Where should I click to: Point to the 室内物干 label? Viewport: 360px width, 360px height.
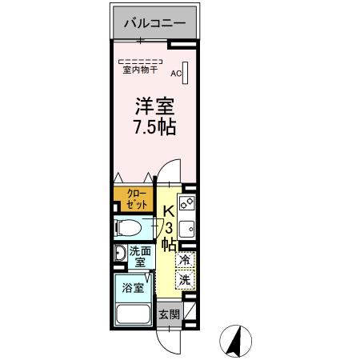[140, 70]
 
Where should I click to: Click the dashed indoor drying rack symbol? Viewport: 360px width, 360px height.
[140, 61]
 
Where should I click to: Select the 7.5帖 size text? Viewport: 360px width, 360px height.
[154, 127]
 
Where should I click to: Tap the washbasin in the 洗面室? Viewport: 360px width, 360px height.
[119, 254]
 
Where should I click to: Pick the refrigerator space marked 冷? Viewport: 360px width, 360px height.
[184, 260]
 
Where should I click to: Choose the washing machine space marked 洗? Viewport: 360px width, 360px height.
[184, 280]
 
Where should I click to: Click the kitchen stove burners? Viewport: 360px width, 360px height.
[186, 205]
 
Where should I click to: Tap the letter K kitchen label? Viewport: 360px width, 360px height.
[170, 211]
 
